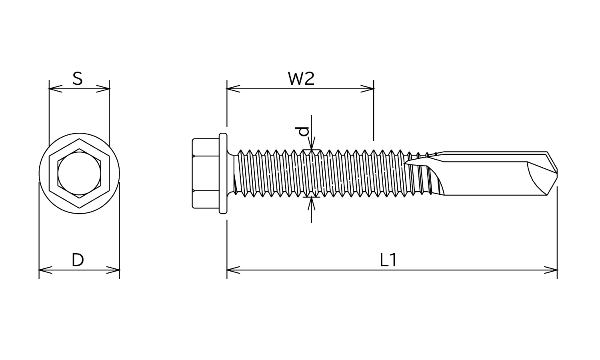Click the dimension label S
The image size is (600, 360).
pyautogui.click(x=78, y=79)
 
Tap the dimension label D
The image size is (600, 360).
pyautogui.click(x=78, y=260)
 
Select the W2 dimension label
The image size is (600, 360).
pyautogui.click(x=301, y=79)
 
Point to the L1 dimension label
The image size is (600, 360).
pyautogui.click(x=388, y=260)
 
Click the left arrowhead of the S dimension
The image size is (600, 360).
pyautogui.click(x=56, y=89)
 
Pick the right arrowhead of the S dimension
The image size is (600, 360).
pyautogui.click(x=103, y=89)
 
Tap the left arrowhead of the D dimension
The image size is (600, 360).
pyautogui.click(x=46, y=270)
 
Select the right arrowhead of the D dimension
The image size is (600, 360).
pyautogui.click(x=113, y=270)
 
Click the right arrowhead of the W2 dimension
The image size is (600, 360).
pyautogui.click(x=367, y=89)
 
